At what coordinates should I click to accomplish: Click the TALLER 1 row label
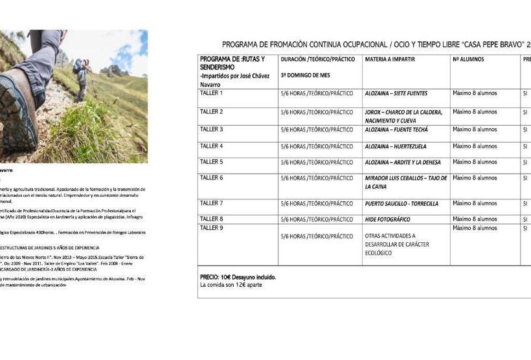211,93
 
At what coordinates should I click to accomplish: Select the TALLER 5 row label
211,162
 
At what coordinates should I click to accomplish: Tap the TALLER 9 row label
211,228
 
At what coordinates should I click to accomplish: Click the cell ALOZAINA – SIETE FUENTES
396,94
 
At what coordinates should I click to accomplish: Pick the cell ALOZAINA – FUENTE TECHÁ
396,129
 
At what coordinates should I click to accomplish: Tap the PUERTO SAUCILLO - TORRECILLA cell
401,204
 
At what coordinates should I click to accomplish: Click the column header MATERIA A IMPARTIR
390,59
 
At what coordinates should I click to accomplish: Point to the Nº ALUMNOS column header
469,59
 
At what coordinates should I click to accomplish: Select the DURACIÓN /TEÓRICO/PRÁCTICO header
317,59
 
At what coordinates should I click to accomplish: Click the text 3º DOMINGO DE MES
305,75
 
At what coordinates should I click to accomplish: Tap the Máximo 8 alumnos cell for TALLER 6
475,177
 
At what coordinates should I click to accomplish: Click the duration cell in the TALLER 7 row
317,204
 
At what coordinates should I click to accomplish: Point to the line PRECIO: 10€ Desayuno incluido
238,277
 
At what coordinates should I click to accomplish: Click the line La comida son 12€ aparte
231,285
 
